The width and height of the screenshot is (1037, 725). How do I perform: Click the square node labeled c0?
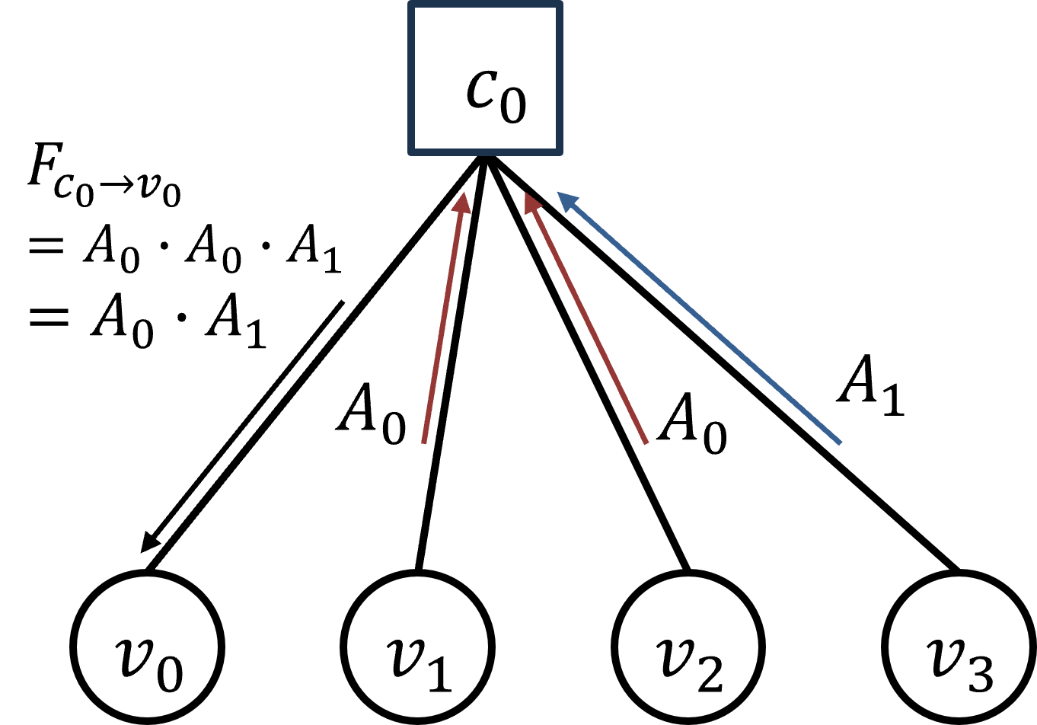pos(485,78)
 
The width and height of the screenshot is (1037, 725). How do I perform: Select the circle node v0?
pos(147,647)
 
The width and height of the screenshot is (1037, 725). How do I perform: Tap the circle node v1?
pos(417,647)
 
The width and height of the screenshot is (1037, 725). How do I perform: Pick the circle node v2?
pos(688,647)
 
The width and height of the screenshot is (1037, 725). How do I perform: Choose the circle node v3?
pos(959,647)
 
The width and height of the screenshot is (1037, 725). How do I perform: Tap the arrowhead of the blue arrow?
pos(567,201)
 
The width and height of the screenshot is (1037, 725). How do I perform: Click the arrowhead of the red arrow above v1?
pos(462,202)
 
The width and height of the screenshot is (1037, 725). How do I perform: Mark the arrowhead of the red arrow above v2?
pos(532,203)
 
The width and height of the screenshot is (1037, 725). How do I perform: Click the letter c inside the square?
pos(481,90)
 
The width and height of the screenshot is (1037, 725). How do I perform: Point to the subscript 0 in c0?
pos(513,106)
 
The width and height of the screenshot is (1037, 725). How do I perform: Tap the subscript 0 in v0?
pos(171,675)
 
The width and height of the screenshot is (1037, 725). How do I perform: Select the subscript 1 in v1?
pos(440,675)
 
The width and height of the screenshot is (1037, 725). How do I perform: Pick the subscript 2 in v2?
pos(710,675)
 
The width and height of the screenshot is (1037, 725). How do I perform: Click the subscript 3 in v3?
pos(981,675)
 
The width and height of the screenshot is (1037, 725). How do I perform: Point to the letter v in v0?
pos(132,653)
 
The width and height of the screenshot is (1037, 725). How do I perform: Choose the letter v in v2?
pos(674,653)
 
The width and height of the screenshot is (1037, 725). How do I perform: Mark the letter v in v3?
pos(944,653)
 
